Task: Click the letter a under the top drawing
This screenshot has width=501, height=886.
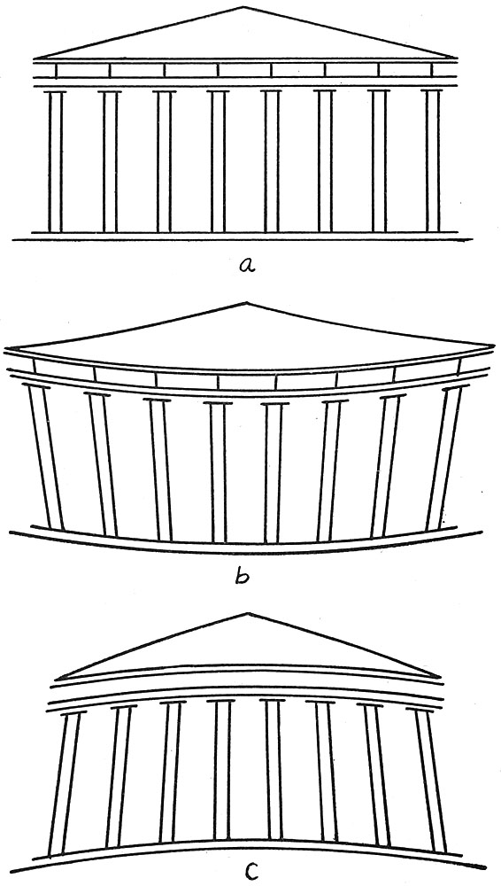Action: (x=246, y=264)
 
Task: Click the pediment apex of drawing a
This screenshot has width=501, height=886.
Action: (x=243, y=7)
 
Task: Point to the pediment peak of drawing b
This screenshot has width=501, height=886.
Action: (x=247, y=303)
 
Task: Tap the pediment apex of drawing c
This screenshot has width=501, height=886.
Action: (x=247, y=613)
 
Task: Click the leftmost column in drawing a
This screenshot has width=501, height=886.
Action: (x=56, y=161)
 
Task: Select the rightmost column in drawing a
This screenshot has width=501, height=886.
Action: (x=433, y=161)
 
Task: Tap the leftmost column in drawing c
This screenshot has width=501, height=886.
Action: (x=65, y=782)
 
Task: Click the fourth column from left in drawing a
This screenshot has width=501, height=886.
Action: (x=218, y=161)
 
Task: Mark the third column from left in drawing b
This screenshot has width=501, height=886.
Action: (x=160, y=469)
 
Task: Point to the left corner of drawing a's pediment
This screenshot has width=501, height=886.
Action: (x=35, y=58)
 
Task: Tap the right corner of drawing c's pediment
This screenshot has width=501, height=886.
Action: (x=439, y=676)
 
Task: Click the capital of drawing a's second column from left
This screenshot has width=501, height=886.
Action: (x=110, y=91)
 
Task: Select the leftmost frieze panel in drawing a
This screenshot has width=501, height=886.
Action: (x=82, y=70)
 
